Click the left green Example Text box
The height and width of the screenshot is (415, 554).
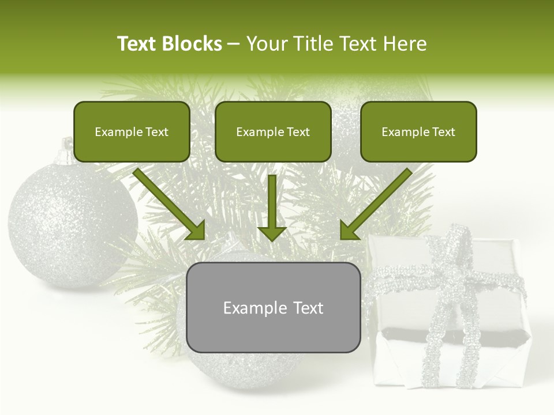132,131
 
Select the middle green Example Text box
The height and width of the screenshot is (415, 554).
273,131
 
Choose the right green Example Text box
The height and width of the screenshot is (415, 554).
418,131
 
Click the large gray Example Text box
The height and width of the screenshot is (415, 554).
273,307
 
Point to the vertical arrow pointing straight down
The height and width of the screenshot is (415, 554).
272,207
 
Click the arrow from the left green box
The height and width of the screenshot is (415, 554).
170,205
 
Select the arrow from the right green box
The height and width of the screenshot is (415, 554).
375,205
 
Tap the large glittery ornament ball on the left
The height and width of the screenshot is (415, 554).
69,225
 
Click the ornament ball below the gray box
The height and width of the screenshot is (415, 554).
242,369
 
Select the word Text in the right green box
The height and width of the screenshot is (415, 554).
443,132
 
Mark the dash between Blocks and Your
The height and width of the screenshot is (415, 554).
234,44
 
